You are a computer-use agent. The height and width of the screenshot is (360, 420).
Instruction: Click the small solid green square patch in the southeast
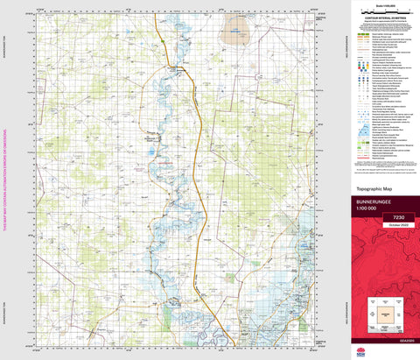click(x=307, y=263)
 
